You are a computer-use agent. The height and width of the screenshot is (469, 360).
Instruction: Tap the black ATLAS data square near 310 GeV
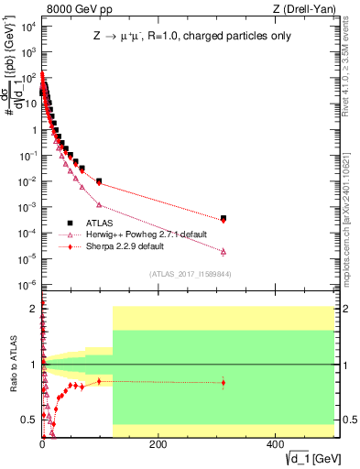[x=224, y=218]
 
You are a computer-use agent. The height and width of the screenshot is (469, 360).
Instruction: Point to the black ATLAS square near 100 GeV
[x=99, y=180]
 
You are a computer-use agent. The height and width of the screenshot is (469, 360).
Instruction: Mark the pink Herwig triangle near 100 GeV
[x=99, y=204]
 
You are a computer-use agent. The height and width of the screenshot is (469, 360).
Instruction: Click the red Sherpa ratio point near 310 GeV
[x=224, y=383]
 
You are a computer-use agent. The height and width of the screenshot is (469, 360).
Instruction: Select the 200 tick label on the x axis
[x=157, y=444]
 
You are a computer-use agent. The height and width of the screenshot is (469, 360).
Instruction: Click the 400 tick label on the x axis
[x=273, y=444]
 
